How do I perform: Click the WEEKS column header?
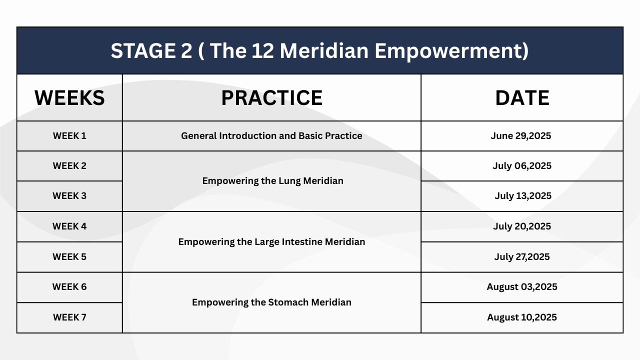(x=69, y=97)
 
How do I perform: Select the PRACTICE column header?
(x=271, y=97)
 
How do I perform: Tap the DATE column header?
(x=522, y=97)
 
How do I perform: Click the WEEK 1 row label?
(x=69, y=135)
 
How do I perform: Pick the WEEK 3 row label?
(x=69, y=195)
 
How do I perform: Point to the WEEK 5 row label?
(x=69, y=256)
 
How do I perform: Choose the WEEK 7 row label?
(x=69, y=317)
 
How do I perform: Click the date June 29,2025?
(x=521, y=136)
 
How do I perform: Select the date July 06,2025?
(x=522, y=166)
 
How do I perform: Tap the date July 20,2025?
(x=522, y=226)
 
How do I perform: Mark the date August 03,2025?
(x=522, y=287)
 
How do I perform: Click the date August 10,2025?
(x=522, y=317)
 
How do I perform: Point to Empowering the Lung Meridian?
(x=273, y=181)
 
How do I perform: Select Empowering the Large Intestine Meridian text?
(x=271, y=242)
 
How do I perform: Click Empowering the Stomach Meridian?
(x=271, y=302)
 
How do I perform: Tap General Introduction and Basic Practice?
(x=271, y=135)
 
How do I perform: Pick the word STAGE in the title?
(x=143, y=51)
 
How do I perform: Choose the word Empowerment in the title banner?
(x=451, y=51)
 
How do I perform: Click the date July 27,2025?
(x=522, y=257)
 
